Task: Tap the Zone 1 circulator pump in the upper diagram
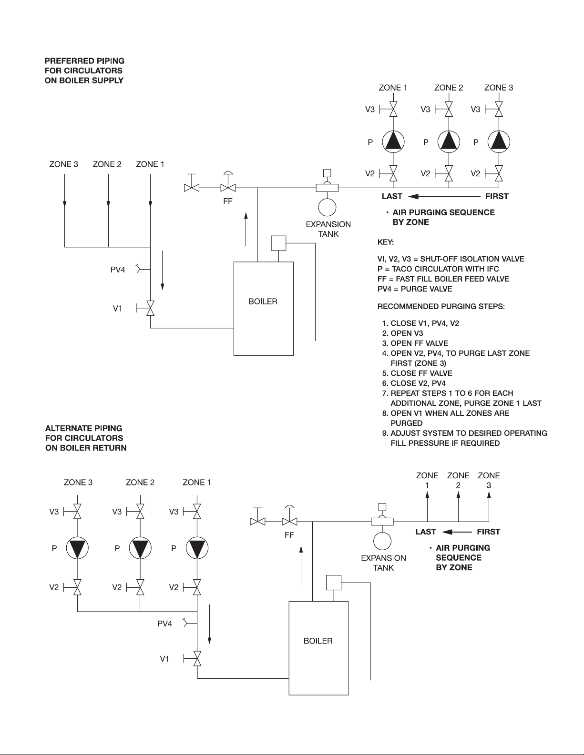393,142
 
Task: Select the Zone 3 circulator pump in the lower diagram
77,548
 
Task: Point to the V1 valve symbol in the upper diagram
150,308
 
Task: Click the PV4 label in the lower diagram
165,624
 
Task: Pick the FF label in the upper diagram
228,201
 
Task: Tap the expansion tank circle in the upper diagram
327,207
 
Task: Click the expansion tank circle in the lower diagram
382,541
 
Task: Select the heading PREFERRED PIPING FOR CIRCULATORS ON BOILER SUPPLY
84,70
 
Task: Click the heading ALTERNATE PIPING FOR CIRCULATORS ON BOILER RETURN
86,438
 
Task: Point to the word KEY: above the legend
386,242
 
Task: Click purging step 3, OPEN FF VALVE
415,343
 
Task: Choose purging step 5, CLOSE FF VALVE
417,373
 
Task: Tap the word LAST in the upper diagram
392,196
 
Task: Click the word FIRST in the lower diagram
488,532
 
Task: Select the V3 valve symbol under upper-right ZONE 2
449,109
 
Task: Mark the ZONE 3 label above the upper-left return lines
63,164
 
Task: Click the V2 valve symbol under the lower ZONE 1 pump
197,587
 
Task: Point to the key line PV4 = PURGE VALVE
415,289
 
